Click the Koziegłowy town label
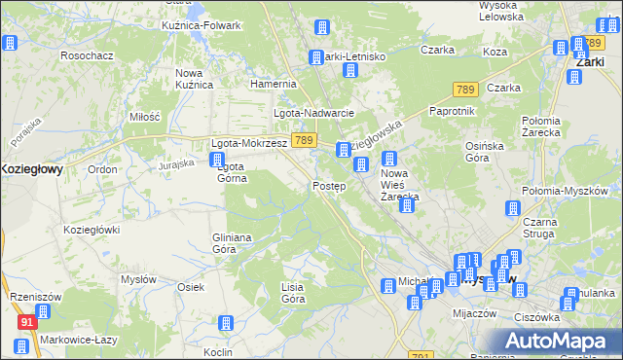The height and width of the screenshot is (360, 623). click(31, 168)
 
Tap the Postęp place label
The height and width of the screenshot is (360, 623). click(329, 186)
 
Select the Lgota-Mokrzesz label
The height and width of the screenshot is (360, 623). click(249, 143)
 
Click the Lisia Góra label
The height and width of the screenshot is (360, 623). click(293, 293)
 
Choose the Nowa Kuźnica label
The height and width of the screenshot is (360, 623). click(194, 79)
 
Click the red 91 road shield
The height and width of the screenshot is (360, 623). click(27, 320)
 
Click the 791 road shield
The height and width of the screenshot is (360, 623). click(421, 355)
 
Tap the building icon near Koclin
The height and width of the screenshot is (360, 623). click(226, 324)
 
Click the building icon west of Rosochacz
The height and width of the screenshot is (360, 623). click(10, 44)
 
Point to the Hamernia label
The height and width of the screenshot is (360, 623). click(273, 84)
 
